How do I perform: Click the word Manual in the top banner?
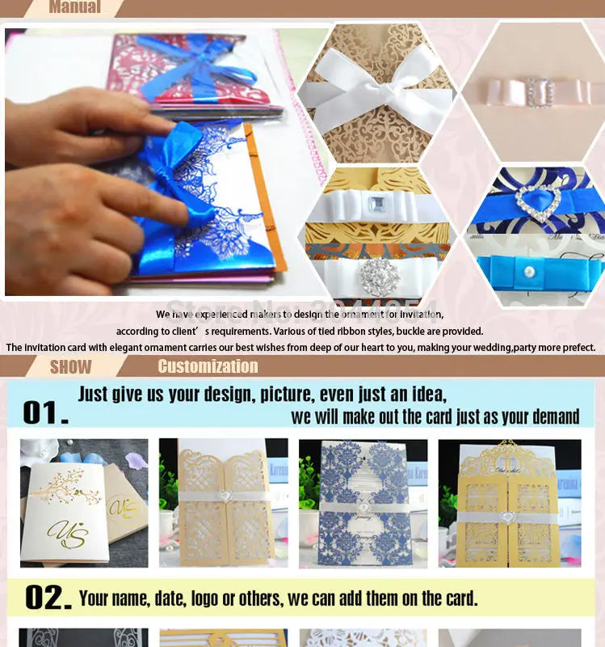75,7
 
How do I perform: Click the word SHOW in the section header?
71,366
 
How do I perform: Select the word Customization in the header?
208,366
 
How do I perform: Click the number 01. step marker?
45,412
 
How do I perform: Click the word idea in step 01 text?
426,395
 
